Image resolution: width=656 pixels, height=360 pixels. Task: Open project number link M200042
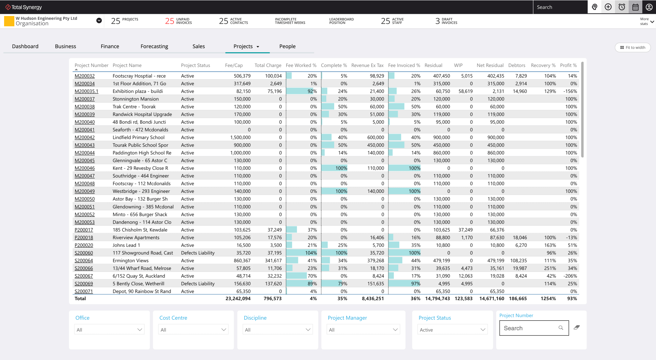[84, 137]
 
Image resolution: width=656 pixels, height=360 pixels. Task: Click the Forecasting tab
[154, 46]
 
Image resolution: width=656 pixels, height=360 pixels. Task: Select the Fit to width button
[632, 48]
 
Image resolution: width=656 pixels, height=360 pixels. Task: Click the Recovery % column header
[543, 65]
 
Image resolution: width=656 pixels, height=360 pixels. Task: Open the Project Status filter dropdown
[452, 330]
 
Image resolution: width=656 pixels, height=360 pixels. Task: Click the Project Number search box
[530, 328]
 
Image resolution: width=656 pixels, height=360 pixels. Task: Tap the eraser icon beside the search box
[576, 328]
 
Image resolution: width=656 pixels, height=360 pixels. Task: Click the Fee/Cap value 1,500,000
[240, 137]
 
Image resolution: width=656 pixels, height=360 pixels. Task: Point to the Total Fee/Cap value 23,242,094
[238, 299]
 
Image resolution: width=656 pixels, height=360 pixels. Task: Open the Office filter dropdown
[109, 330]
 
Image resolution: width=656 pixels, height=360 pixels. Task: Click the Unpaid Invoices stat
[178, 21]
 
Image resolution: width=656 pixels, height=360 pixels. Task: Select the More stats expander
[647, 22]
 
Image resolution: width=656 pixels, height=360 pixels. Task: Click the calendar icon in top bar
[635, 7]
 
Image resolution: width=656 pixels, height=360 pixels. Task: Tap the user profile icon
[649, 7]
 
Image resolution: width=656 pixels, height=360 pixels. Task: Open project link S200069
[84, 284]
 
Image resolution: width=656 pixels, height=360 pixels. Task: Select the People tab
[287, 46]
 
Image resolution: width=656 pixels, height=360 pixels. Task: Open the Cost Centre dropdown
[193, 330]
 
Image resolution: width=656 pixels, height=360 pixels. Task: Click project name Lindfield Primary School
[138, 137]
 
